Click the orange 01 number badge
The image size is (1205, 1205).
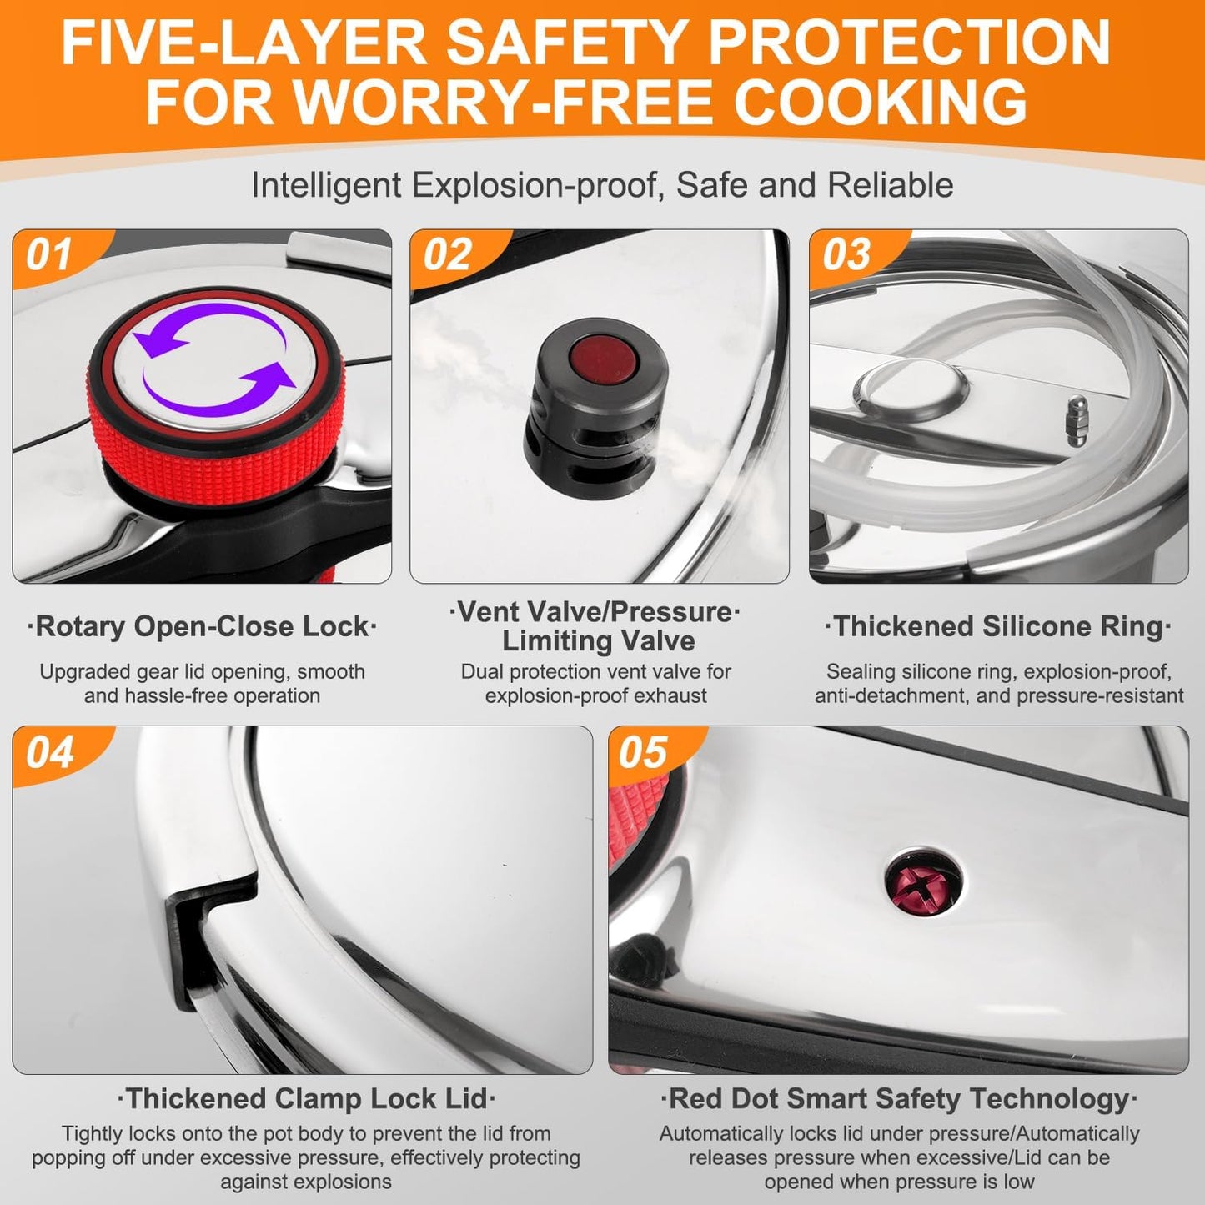coord(50,255)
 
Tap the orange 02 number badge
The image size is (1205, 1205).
coord(448,255)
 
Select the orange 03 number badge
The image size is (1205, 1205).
coord(846,255)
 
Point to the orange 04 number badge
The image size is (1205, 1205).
coord(50,752)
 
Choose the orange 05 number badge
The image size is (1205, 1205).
coord(643,752)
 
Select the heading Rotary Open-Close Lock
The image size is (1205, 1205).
coord(202,626)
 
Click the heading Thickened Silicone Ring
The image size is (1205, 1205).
coord(998,626)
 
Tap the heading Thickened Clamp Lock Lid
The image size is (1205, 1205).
coord(306,1098)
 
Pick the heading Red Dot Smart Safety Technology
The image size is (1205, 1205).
coord(898,1098)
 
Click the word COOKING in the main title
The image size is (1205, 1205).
coord(879,102)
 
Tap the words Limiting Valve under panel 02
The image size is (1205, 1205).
coord(598,640)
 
